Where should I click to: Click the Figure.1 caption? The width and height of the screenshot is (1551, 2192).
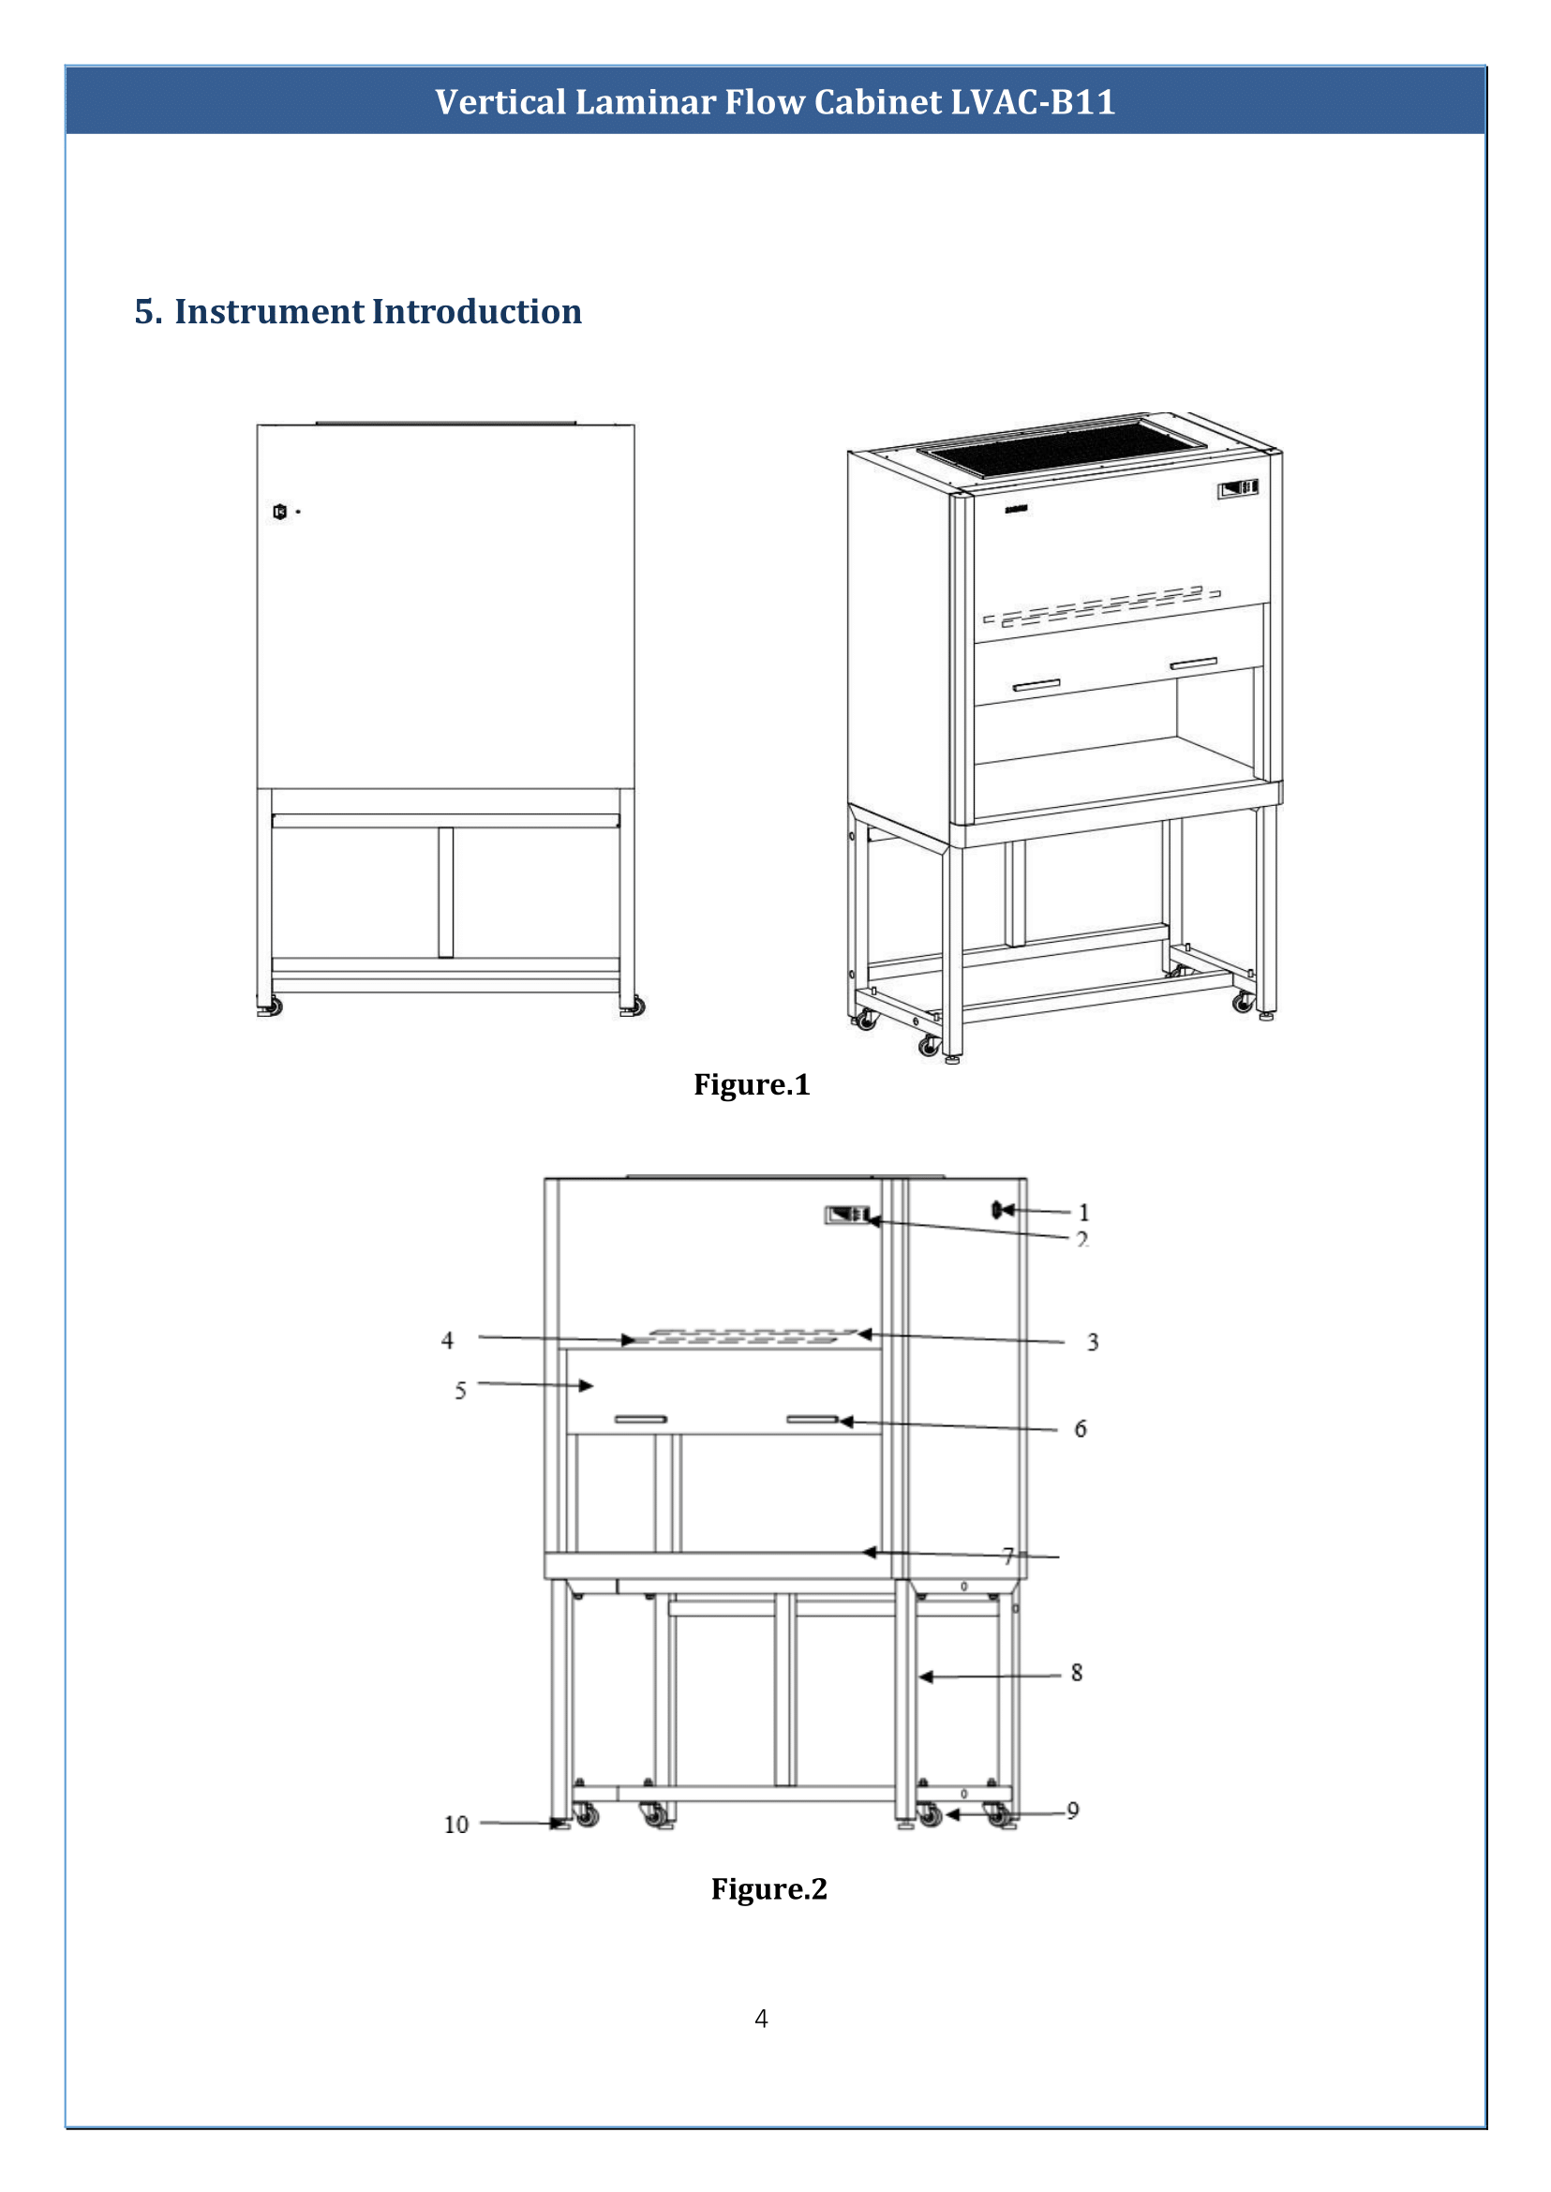[752, 1084]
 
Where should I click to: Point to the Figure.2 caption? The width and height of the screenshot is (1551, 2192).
[768, 1888]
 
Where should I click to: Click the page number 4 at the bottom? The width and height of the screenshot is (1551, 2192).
[761, 2019]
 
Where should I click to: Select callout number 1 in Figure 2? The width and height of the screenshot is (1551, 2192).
[1084, 1212]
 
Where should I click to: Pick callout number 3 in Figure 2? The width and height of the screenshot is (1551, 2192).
[1093, 1342]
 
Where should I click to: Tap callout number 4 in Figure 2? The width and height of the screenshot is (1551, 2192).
[447, 1340]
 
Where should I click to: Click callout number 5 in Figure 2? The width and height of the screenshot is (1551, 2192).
[460, 1391]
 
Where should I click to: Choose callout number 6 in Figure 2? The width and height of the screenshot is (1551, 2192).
[1081, 1429]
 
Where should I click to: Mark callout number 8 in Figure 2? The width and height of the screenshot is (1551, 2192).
[1077, 1673]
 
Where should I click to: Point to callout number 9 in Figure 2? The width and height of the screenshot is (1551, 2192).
[1072, 1811]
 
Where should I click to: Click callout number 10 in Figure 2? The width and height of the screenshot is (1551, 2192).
[456, 1826]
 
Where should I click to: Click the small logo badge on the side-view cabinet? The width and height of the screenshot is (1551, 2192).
[280, 512]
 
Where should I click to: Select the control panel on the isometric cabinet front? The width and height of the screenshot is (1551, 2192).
[1238, 489]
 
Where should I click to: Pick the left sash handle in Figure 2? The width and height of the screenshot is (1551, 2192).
[640, 1419]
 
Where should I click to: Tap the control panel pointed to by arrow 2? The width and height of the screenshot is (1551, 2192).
[847, 1215]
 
